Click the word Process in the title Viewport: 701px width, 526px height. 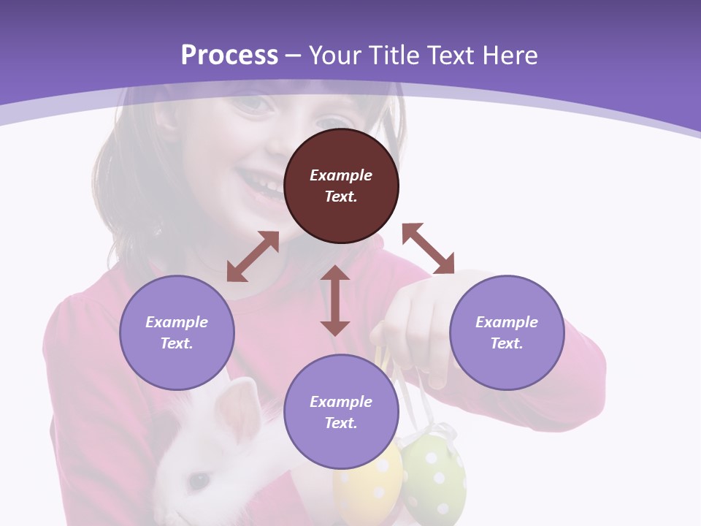pyautogui.click(x=229, y=56)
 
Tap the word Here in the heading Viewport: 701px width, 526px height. pyautogui.click(x=509, y=56)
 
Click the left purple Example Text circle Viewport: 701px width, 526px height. pyautogui.click(x=177, y=332)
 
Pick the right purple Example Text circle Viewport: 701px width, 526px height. pyautogui.click(x=507, y=332)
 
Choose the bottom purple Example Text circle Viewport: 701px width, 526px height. pyautogui.click(x=341, y=412)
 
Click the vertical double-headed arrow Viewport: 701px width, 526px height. pyautogui.click(x=335, y=300)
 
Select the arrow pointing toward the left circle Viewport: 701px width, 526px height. pyautogui.click(x=253, y=256)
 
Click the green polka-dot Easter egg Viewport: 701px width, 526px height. pyautogui.click(x=434, y=475)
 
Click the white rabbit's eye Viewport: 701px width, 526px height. pyautogui.click(x=198, y=481)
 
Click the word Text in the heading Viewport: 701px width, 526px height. pyautogui.click(x=452, y=56)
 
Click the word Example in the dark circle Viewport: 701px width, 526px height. pyautogui.click(x=341, y=175)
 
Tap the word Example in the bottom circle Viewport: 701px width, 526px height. pyautogui.click(x=341, y=402)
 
